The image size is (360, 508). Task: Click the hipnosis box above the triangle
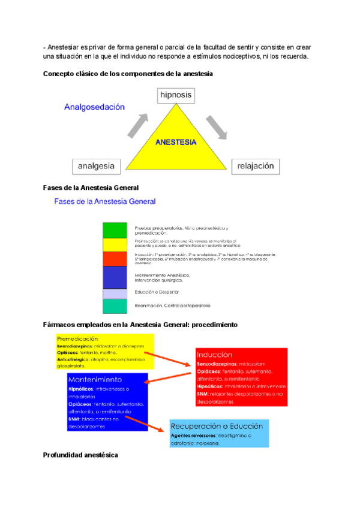176,95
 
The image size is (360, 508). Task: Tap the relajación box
256,166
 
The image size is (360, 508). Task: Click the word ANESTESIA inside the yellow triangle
175,143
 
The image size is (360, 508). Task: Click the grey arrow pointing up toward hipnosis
137,126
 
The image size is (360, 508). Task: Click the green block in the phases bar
115,230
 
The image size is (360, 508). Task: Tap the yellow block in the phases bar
115,244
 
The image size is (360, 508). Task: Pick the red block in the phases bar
115,259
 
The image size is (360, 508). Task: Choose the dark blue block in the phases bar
115,277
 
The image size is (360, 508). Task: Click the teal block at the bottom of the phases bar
115,306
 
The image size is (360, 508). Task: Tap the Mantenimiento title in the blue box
95,380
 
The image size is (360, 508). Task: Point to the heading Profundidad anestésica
80,455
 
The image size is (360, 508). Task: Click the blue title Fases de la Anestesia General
105,202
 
